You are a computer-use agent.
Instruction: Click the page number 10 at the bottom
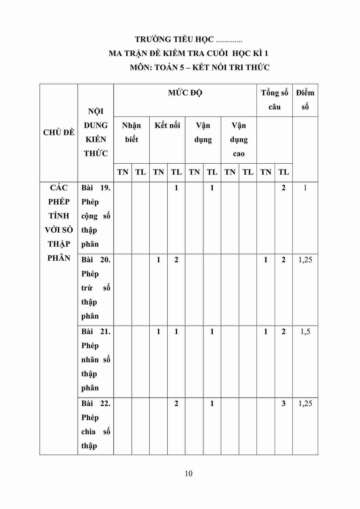click(189, 473)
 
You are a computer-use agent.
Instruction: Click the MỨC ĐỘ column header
click(185, 93)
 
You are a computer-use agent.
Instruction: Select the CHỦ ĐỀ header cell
click(59, 133)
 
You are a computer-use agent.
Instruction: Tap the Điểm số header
click(305, 100)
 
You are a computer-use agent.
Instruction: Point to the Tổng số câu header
click(274, 100)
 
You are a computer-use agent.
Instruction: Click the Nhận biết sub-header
click(132, 132)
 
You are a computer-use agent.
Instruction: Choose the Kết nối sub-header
click(167, 125)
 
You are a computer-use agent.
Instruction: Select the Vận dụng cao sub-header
click(239, 139)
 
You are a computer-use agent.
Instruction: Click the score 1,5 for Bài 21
click(305, 332)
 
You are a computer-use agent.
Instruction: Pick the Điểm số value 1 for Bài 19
click(305, 188)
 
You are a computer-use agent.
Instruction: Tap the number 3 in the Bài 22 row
click(284, 403)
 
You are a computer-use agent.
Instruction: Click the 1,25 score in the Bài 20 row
click(305, 260)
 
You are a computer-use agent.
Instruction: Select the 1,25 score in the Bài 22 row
click(305, 403)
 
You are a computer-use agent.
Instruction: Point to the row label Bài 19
click(96, 188)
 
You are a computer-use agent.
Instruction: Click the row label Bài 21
click(96, 332)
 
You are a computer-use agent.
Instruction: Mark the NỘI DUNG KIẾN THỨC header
click(96, 132)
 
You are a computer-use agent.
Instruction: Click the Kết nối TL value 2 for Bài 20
click(176, 260)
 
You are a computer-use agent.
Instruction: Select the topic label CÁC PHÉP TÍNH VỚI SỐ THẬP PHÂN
click(59, 223)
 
